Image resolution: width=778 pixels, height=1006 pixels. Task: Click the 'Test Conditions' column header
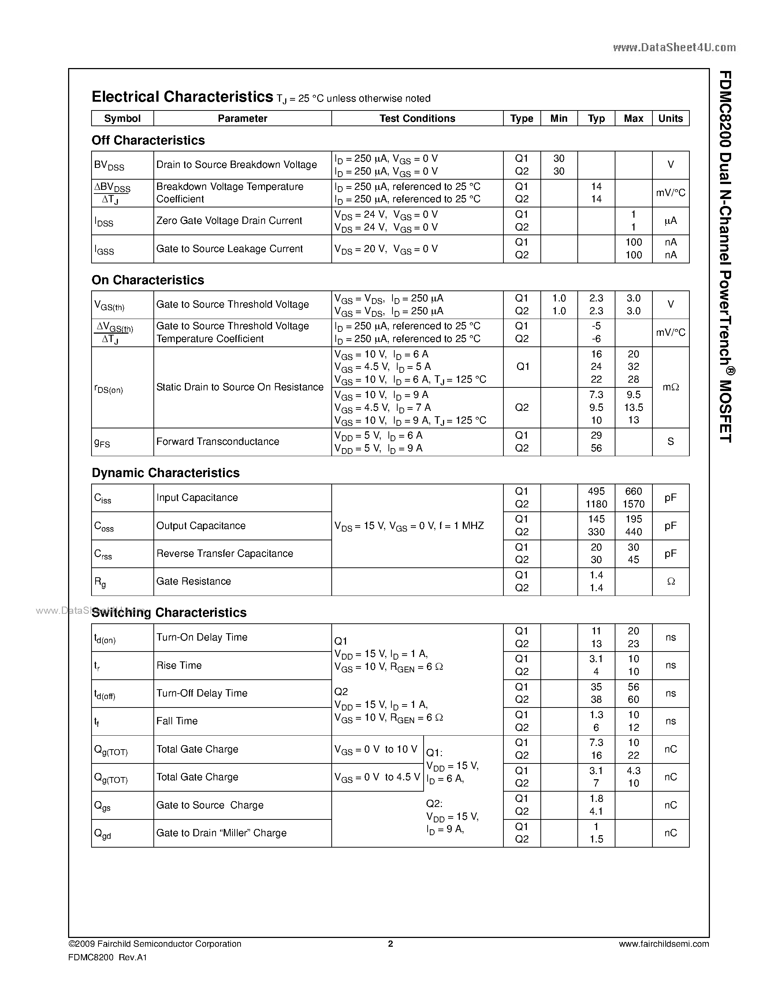(x=417, y=119)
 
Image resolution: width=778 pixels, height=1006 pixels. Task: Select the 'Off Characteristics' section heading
(x=148, y=140)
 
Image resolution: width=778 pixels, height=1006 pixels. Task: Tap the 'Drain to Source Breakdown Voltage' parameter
(x=237, y=165)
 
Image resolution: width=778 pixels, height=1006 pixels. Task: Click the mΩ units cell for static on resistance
(x=671, y=387)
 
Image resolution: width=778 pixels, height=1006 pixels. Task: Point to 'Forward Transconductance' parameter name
(x=217, y=442)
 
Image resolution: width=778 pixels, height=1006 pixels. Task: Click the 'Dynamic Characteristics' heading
(x=165, y=473)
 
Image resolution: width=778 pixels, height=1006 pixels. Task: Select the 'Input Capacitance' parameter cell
(x=197, y=498)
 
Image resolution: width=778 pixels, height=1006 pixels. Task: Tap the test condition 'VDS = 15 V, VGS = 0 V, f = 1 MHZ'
(x=409, y=526)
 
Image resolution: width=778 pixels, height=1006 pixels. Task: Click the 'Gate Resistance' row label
(x=194, y=581)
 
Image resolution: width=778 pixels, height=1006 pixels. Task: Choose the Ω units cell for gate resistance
(x=671, y=582)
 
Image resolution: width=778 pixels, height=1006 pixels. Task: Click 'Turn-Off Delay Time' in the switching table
(x=202, y=693)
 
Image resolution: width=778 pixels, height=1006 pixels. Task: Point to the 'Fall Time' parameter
(x=177, y=721)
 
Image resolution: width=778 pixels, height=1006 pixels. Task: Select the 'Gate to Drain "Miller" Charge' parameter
(x=221, y=833)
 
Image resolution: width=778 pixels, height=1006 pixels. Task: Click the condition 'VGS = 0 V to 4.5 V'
(x=377, y=777)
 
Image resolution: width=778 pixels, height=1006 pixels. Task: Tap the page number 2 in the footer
(x=390, y=944)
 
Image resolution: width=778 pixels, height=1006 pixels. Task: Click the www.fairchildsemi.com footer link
(x=664, y=944)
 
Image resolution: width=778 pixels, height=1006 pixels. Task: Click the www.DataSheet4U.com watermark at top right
(x=674, y=48)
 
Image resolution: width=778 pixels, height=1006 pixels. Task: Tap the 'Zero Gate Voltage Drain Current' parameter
(x=229, y=221)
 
